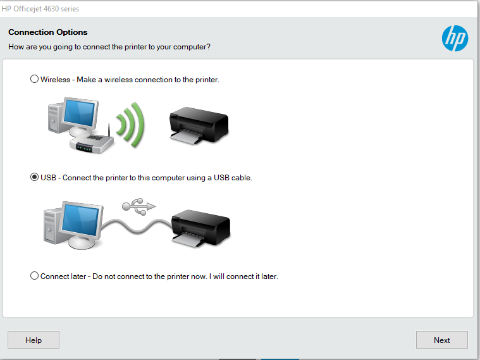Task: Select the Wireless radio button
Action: (x=34, y=79)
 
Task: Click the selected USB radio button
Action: (x=34, y=177)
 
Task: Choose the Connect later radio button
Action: (x=34, y=276)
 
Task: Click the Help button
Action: (x=34, y=340)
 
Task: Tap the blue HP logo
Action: (x=455, y=39)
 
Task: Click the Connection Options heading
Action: (x=48, y=32)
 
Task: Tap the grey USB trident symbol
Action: (x=139, y=206)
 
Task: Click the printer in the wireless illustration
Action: (x=199, y=125)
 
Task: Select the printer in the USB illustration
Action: (x=201, y=228)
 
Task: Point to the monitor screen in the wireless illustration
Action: (x=79, y=113)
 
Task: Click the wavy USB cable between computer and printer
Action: (x=136, y=227)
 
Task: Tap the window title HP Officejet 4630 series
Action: (x=40, y=9)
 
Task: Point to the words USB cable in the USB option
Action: (x=233, y=178)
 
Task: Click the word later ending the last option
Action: (x=269, y=276)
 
